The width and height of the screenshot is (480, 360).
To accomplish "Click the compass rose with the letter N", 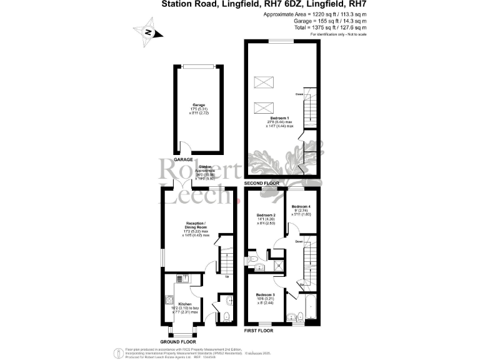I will [147, 33].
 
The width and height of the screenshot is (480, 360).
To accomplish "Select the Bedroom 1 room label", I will [278, 118].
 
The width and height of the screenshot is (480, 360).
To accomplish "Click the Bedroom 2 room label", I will [266, 215].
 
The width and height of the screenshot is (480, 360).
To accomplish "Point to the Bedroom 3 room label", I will [266, 294].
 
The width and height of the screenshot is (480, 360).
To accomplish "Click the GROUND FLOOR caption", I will [178, 342].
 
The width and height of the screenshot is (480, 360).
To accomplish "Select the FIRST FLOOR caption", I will [258, 329].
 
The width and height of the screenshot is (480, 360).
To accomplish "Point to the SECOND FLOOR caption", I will [261, 183].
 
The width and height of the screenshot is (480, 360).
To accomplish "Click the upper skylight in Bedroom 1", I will [261, 82].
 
